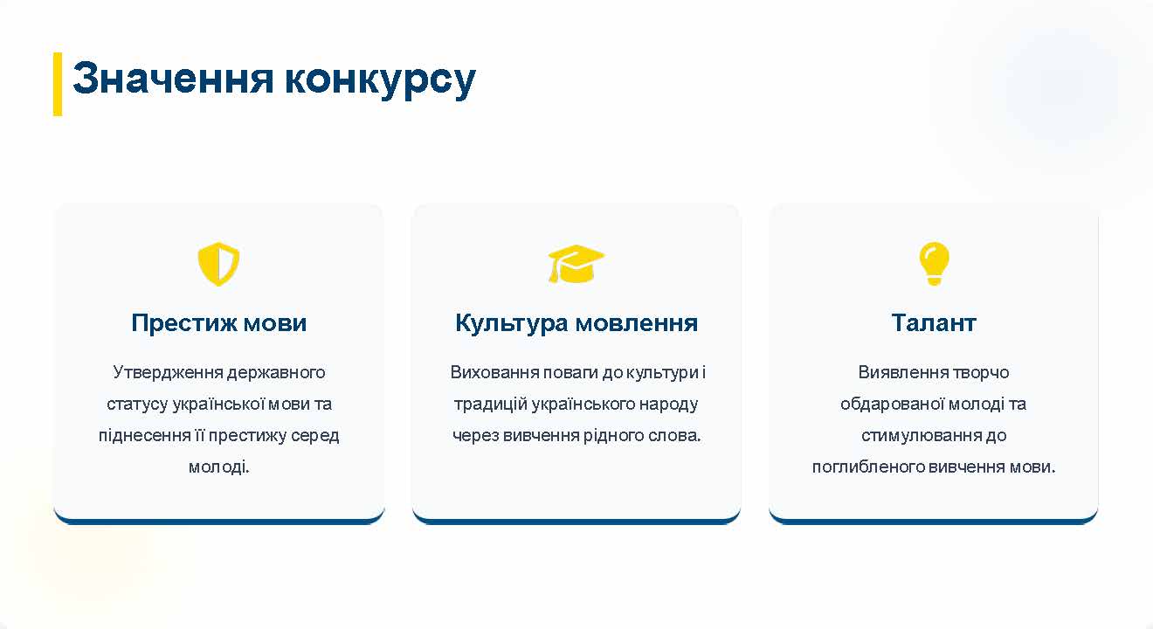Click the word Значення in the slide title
tap(173, 79)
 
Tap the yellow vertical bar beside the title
tap(58, 84)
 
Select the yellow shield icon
tap(218, 264)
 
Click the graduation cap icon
tap(576, 264)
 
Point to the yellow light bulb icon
tap(934, 264)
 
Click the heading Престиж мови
tap(218, 322)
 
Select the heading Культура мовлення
tap(576, 323)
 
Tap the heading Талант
tap(934, 322)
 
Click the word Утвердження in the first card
tap(168, 372)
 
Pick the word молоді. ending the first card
tap(218, 467)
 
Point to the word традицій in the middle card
tap(491, 404)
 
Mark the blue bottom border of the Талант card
tap(933, 521)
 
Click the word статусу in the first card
tap(137, 404)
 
